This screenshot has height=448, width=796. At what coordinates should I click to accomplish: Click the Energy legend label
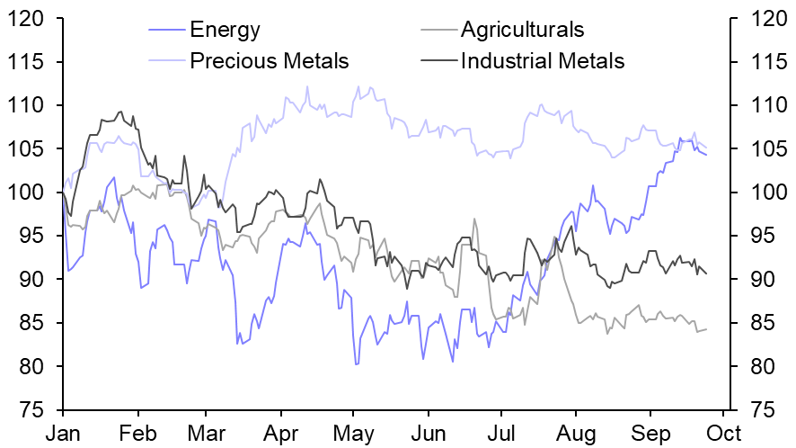225,30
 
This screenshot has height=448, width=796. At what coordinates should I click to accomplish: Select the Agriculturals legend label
522,30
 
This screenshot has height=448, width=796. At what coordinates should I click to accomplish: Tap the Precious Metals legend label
270,61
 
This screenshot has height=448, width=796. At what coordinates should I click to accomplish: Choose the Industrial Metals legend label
542,61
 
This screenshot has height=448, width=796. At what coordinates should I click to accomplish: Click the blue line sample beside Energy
167,30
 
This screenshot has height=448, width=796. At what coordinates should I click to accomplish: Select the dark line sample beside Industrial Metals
438,61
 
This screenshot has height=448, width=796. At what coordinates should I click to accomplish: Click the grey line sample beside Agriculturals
438,30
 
